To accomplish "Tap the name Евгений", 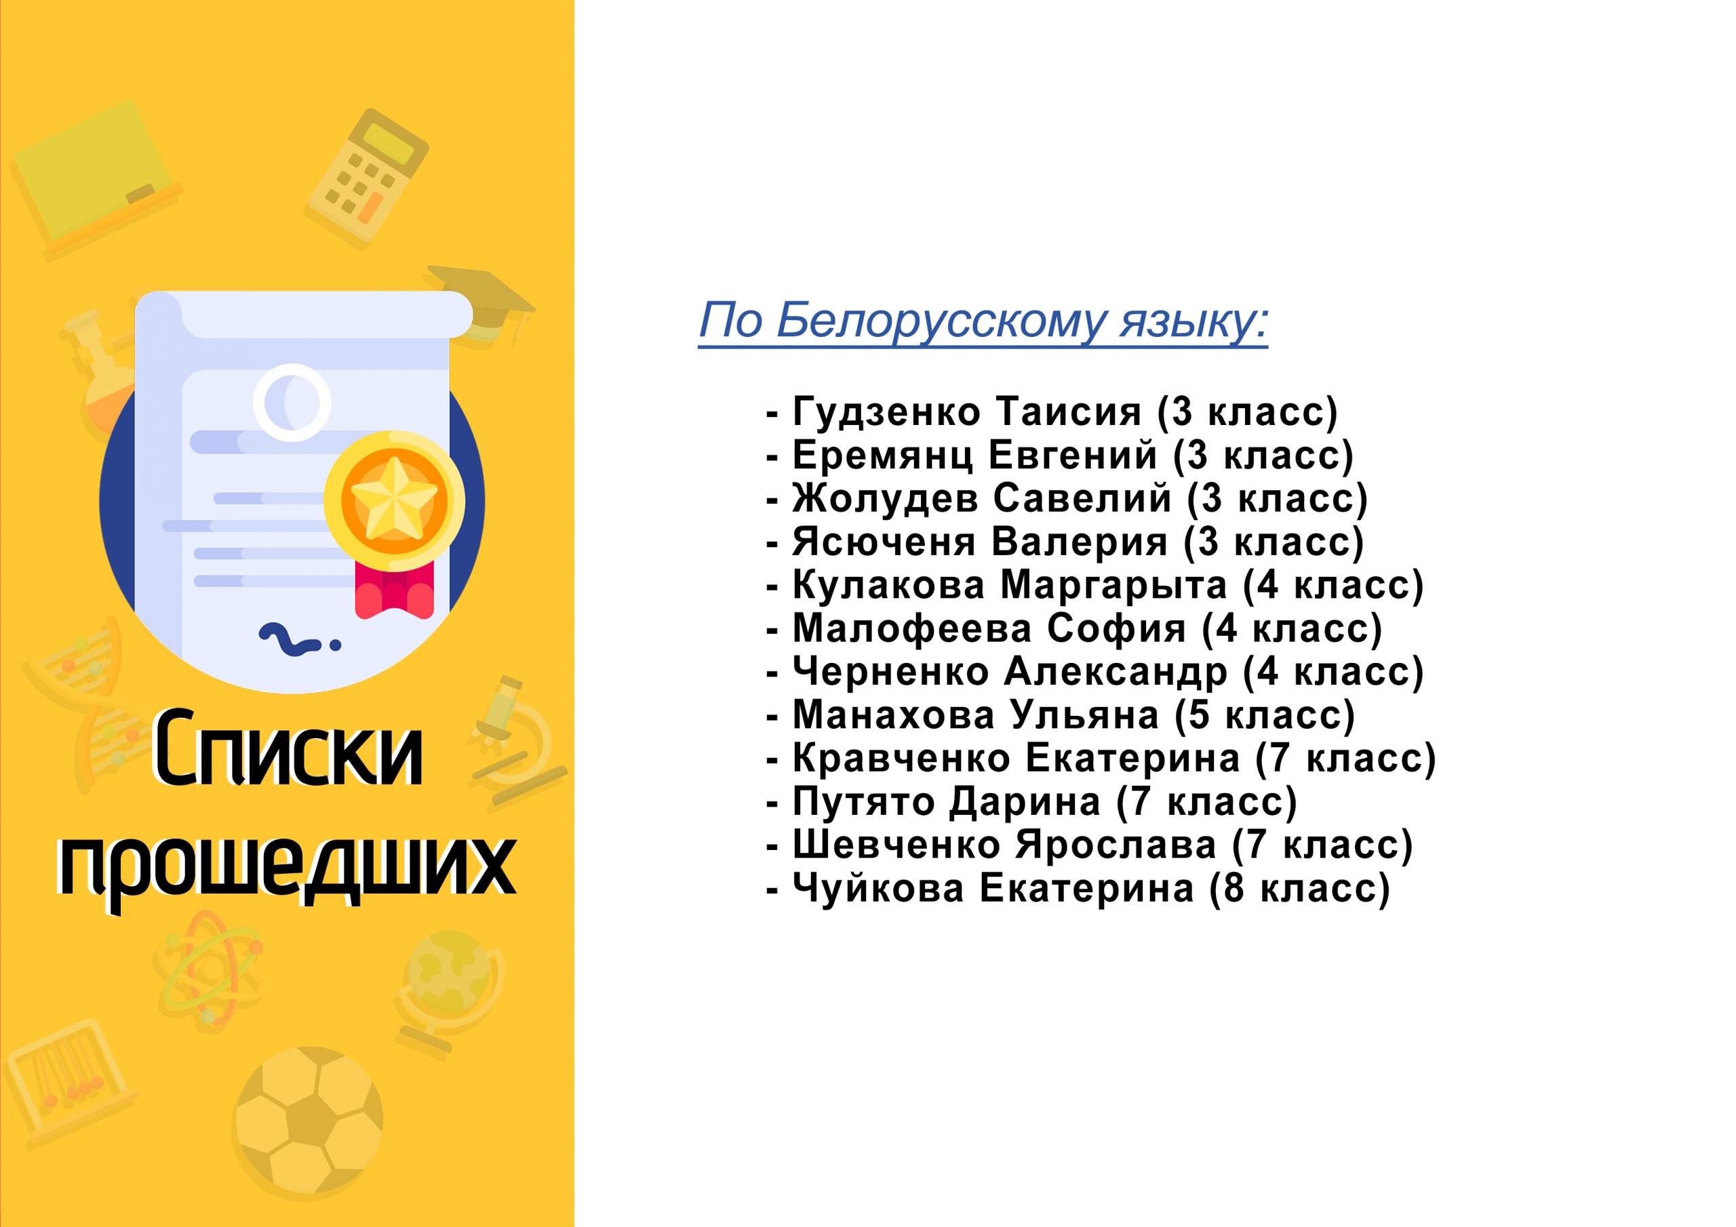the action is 1073,456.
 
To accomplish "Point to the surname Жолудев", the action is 886,499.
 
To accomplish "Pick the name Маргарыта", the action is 1113,585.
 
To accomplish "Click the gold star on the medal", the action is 394,500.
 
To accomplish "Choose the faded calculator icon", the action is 369,176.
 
